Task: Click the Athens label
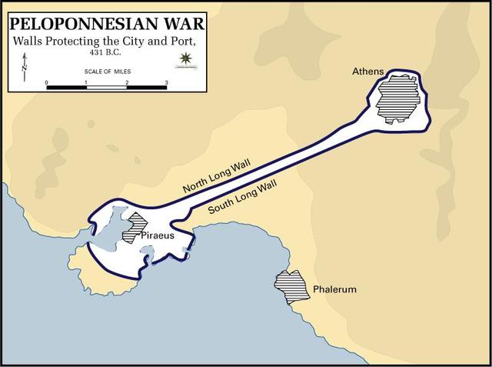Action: click(x=367, y=72)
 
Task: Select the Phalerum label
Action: click(x=334, y=290)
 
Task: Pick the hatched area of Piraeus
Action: click(x=137, y=224)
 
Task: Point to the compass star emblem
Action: click(x=184, y=58)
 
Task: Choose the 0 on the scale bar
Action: click(x=47, y=82)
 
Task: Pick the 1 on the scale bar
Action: click(x=86, y=82)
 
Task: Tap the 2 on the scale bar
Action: click(x=126, y=82)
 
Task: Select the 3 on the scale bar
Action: click(x=166, y=82)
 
